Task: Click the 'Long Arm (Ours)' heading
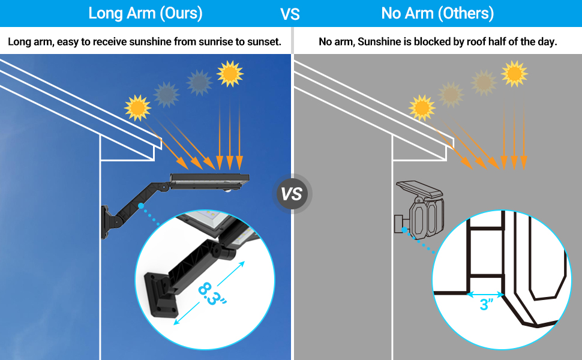click(145, 13)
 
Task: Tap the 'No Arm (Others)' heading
click(437, 13)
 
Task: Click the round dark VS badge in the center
click(292, 194)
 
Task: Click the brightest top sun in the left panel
click(230, 73)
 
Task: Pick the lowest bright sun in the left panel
click(137, 107)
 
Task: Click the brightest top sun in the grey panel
click(514, 73)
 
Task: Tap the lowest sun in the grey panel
click(422, 107)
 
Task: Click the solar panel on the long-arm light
click(210, 178)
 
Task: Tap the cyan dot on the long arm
click(140, 205)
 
